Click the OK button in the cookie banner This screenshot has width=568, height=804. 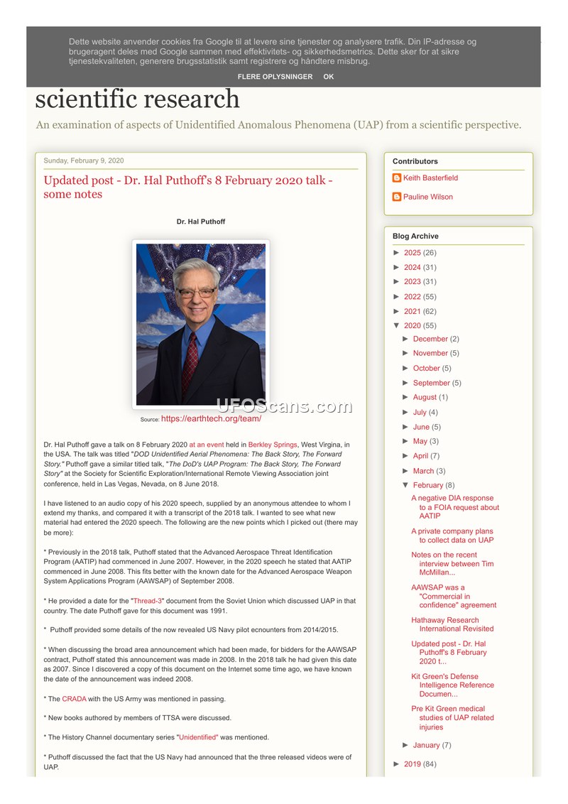tap(328, 77)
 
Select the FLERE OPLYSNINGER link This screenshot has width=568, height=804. tap(275, 77)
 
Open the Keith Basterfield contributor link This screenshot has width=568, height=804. tap(430, 178)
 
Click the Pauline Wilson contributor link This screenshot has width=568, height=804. tap(427, 197)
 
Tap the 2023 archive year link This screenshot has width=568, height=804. tap(412, 281)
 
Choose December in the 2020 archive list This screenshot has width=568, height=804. tap(430, 339)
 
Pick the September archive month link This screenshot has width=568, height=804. tap(431, 383)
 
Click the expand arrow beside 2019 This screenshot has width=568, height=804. tap(397, 764)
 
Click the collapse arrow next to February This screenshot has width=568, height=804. tap(405, 485)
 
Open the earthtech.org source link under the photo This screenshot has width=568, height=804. tap(211, 419)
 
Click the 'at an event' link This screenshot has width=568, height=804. tap(207, 445)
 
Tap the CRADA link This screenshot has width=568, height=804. tap(74, 699)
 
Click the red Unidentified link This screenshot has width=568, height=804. tap(198, 737)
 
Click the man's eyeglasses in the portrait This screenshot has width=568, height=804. tap(197, 292)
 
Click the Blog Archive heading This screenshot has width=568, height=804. tap(415, 236)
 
